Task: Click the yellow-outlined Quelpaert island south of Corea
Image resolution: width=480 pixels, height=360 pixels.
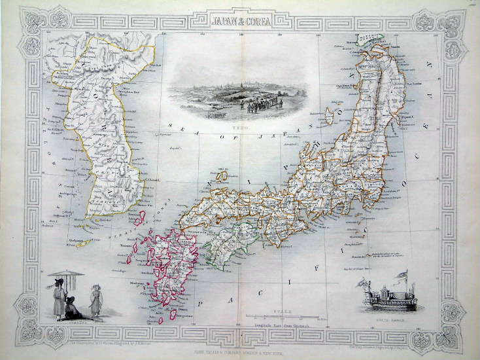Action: [83, 243]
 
